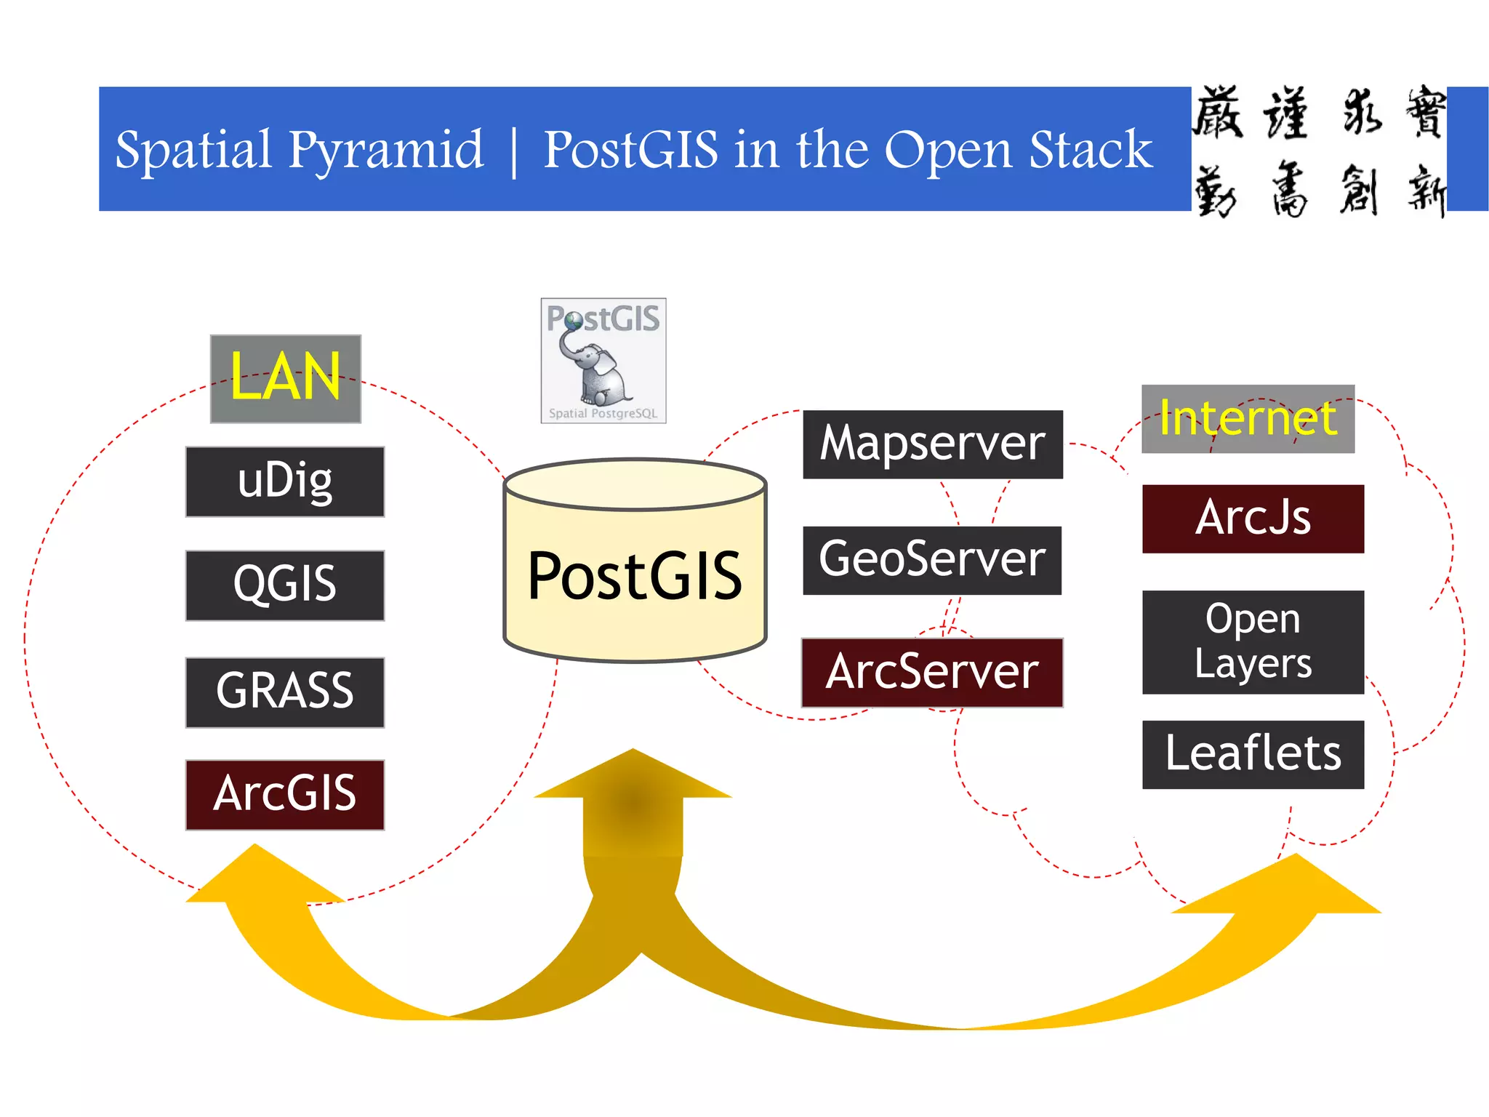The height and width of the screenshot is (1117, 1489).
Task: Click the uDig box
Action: point(285,481)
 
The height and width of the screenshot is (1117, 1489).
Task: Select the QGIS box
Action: point(285,585)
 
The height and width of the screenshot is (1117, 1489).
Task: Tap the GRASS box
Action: point(285,692)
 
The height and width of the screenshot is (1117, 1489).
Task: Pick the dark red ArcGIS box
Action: point(285,795)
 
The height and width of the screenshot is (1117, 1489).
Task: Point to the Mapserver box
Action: point(933,444)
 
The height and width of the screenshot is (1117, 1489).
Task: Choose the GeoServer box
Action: point(932,560)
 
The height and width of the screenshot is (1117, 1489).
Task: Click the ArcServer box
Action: point(932,673)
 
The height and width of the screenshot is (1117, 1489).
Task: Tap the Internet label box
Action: point(1248,419)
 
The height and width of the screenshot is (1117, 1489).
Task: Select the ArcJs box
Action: point(1253,519)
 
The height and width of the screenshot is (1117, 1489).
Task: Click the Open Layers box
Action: point(1253,641)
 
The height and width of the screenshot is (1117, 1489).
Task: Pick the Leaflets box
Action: point(1253,754)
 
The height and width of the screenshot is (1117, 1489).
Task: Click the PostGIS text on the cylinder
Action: point(635,577)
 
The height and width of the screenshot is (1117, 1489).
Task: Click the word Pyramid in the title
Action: point(385,151)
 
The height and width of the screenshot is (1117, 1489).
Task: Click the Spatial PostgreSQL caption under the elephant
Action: point(603,413)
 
